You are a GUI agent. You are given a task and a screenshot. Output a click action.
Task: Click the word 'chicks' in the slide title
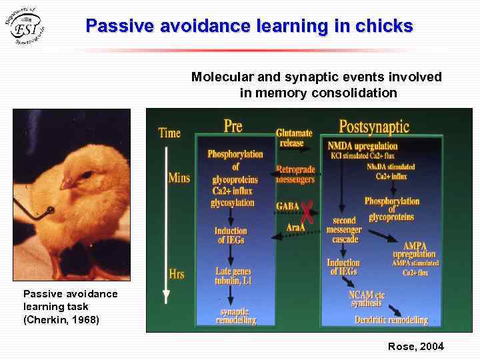coord(384,27)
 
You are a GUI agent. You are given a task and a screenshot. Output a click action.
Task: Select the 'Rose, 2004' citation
coord(415,346)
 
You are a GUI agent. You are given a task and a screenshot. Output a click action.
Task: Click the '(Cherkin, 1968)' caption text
coord(61,320)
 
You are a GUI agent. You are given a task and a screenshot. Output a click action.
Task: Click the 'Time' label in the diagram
coord(169,133)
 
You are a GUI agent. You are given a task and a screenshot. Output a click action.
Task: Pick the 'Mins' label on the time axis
coord(179,178)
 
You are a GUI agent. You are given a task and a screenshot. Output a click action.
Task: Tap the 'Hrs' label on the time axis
coord(177,273)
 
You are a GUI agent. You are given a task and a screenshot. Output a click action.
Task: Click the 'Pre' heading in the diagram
coord(233,125)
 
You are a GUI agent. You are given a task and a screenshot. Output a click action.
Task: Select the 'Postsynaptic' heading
coord(374,126)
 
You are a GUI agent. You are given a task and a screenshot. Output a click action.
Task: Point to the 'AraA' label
coord(295,227)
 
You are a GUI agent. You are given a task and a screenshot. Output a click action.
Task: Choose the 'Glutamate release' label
coord(294,138)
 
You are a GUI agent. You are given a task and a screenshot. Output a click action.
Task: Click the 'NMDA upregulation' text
coord(363,146)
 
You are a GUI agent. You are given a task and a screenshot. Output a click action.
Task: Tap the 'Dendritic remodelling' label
coord(391,320)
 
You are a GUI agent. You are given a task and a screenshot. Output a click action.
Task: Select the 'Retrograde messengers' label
coord(295,175)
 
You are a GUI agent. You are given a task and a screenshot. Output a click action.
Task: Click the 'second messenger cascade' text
coord(344,229)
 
